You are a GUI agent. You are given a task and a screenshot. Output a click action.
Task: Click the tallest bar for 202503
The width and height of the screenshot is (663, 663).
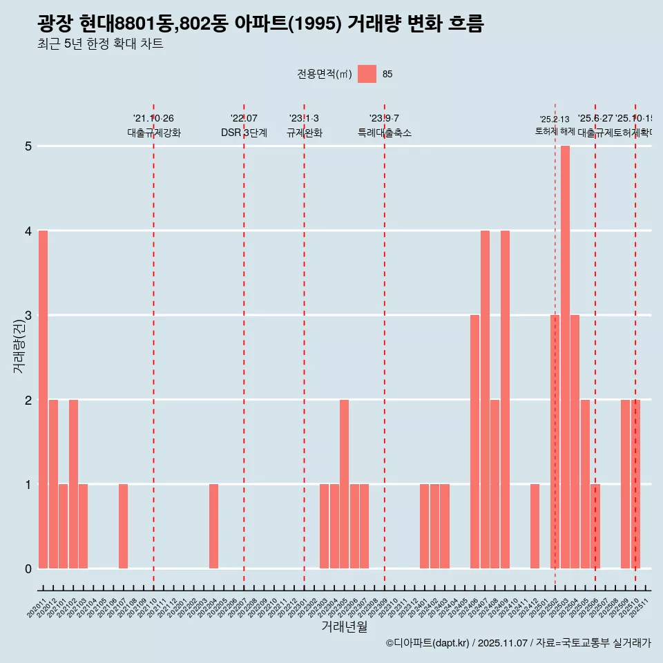coord(565,357)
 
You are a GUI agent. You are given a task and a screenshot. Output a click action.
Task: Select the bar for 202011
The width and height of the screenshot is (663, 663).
coord(44,399)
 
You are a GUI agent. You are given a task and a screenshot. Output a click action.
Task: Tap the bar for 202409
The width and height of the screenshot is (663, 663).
coord(505,399)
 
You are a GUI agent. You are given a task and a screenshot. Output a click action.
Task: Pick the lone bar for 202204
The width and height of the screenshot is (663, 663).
coord(214,526)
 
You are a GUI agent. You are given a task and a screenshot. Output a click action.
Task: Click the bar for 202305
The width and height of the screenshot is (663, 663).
coord(344,483)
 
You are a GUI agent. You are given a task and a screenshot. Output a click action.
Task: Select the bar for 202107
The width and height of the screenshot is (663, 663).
coord(123,526)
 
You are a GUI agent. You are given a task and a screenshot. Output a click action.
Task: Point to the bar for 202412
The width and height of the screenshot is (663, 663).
coord(535,526)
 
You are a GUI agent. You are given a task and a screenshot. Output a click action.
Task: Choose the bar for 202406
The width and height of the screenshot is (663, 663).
coord(474,442)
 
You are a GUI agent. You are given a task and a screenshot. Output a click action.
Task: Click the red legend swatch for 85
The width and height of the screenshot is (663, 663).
coord(367,74)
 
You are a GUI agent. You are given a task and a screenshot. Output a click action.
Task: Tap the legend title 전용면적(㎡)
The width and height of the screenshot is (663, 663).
coord(324,75)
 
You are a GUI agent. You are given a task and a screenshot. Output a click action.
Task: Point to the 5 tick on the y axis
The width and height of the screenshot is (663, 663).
coord(28,146)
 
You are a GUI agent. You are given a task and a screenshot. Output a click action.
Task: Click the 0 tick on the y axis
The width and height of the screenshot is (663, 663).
coord(28,569)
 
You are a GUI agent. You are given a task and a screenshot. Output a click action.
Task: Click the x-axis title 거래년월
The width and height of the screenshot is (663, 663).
coord(344,626)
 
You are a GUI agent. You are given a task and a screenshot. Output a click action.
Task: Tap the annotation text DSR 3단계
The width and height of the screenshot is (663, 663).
coord(244,133)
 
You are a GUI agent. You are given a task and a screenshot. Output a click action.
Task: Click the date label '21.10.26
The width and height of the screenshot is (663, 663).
coord(153,119)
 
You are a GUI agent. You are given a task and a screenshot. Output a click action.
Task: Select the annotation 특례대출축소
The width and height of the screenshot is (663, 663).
coord(384,133)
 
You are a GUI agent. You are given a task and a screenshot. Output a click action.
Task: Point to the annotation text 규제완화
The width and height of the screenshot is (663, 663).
coord(304,133)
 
